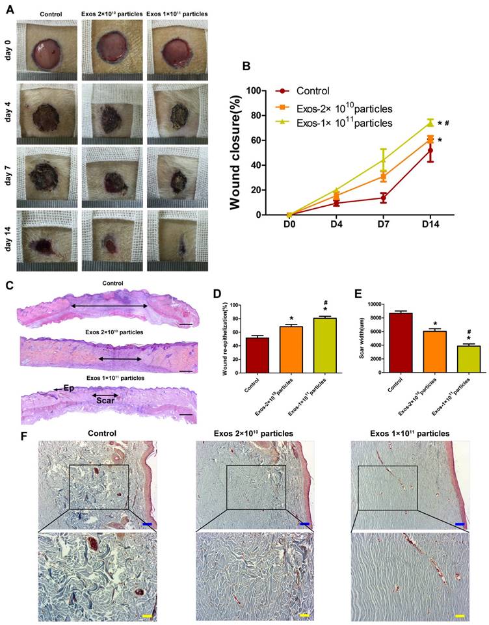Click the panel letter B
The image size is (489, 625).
(x=246, y=66)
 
